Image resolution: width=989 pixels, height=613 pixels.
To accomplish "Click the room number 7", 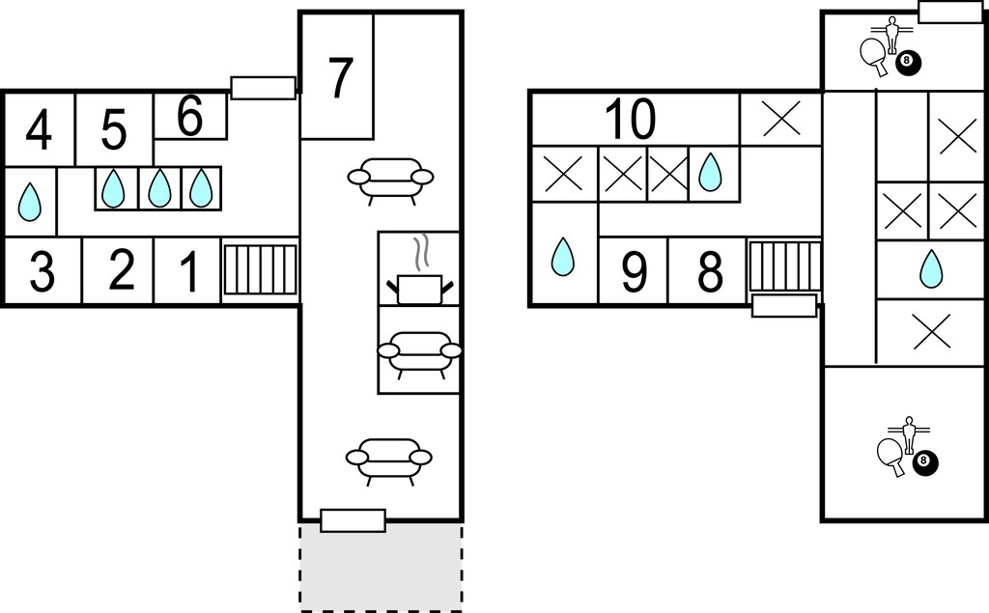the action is coord(341,78).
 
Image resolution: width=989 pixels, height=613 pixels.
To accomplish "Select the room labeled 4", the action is coord(39,130).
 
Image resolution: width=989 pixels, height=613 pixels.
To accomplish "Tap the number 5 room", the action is coord(114,130).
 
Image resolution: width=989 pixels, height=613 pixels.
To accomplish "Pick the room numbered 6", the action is coord(190,116).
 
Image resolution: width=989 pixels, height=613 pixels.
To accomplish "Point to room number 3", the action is coord(42,272).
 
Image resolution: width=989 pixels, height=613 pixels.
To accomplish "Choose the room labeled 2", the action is coord(121,270).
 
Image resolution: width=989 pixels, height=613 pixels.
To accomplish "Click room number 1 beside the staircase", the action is coord(189,271).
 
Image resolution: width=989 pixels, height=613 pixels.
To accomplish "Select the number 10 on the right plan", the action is coord(630,119).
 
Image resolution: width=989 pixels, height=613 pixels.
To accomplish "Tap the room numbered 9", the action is coord(634,272).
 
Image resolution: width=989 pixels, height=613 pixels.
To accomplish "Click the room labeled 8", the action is coord(710,272).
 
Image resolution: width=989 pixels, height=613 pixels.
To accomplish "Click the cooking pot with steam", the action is coord(419,271).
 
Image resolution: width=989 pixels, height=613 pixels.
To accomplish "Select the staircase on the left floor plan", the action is coord(261,269).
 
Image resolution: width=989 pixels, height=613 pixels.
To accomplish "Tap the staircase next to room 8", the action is coord(783,265).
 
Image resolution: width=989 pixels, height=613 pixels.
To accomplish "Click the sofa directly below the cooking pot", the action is coord(419,354).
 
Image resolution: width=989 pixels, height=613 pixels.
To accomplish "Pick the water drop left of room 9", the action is coord(563,257).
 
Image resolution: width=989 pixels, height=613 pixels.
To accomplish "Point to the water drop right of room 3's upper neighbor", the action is coord(114,188).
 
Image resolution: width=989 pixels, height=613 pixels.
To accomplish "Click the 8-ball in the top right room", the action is coord(908,63).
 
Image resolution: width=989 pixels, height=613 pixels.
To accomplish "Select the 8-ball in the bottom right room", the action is coord(925,462).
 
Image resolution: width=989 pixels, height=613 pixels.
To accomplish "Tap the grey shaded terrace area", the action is coord(381,566).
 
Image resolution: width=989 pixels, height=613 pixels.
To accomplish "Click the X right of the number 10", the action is coord(781,118).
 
